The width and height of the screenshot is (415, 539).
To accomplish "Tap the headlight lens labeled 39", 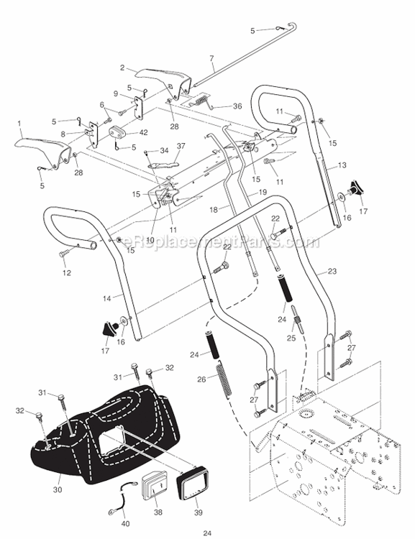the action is click(193, 482).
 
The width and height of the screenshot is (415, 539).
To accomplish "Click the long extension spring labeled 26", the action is click(224, 380).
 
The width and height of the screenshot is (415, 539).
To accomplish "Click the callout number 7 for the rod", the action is click(211, 58).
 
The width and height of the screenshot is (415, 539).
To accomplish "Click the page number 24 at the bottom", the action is click(207, 533).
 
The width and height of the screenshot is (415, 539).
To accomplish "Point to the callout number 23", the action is click(332, 271).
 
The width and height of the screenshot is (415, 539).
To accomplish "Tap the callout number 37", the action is click(181, 146).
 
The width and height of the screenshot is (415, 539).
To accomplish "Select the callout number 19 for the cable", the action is click(263, 193).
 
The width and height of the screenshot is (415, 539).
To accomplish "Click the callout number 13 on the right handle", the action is click(342, 165).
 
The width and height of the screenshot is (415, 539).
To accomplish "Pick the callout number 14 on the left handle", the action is click(107, 298).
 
